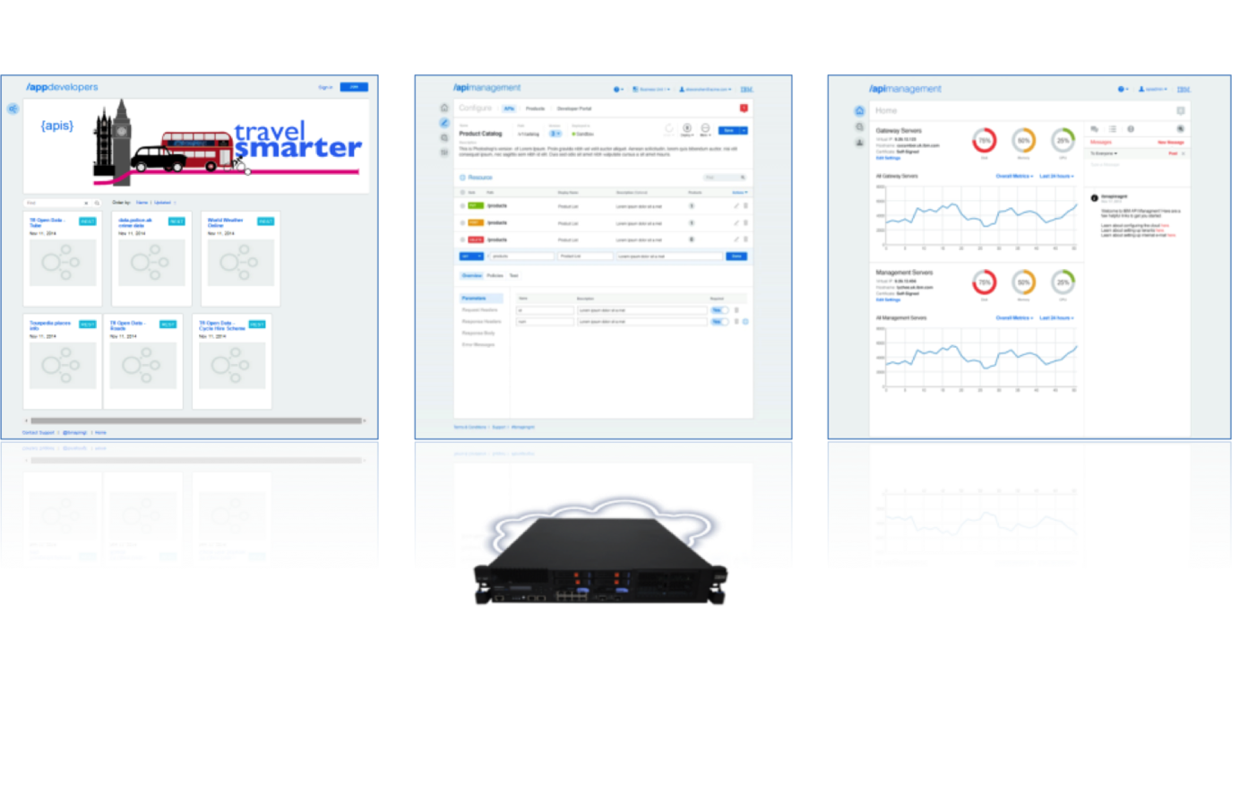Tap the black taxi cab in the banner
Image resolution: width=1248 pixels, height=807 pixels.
pyautogui.click(x=159, y=160)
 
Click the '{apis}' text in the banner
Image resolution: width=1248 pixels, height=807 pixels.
pyautogui.click(x=57, y=126)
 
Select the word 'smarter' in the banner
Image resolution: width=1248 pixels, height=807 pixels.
pyautogui.click(x=298, y=148)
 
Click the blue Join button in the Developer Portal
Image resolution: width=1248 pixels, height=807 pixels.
pyautogui.click(x=354, y=87)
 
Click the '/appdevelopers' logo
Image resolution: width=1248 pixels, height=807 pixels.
pyautogui.click(x=63, y=87)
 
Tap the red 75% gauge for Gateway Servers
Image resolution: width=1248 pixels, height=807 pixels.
pyautogui.click(x=985, y=141)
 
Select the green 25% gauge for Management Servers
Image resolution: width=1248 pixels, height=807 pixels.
pyautogui.click(x=1063, y=282)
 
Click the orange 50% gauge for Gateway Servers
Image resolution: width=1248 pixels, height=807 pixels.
pyautogui.click(x=1023, y=141)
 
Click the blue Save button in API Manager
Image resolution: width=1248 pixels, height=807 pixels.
pyautogui.click(x=729, y=131)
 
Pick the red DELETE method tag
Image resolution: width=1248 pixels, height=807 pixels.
pyautogui.click(x=475, y=239)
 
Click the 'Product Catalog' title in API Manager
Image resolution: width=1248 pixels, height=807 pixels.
pyautogui.click(x=480, y=134)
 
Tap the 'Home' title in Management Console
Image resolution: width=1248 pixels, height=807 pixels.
pyautogui.click(x=886, y=110)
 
